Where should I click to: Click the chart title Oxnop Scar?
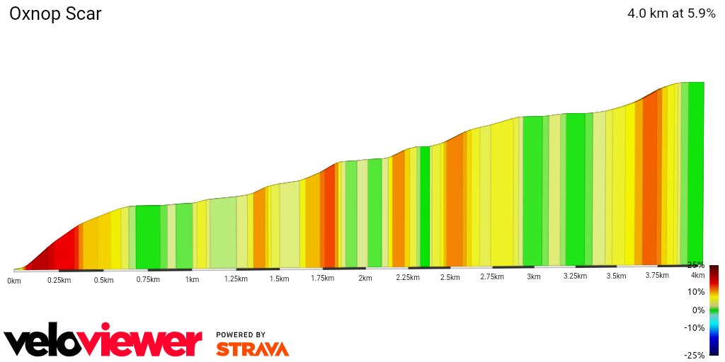click(x=55, y=13)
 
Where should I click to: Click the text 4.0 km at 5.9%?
click(x=670, y=13)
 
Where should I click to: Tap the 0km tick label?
click(x=14, y=281)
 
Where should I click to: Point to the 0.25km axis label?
click(x=59, y=280)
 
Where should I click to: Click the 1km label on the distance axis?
click(x=192, y=279)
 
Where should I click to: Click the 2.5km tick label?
click(x=450, y=277)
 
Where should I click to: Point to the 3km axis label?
click(x=533, y=276)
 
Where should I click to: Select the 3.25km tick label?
click(x=575, y=276)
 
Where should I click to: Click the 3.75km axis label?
click(x=658, y=276)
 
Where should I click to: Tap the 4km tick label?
click(x=697, y=275)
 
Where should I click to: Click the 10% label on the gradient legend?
click(x=696, y=292)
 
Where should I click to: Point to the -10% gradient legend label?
click(x=695, y=328)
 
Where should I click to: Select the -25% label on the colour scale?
click(x=695, y=355)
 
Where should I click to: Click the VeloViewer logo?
click(x=103, y=342)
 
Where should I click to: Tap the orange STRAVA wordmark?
click(x=252, y=349)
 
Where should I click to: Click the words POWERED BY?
click(x=241, y=334)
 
